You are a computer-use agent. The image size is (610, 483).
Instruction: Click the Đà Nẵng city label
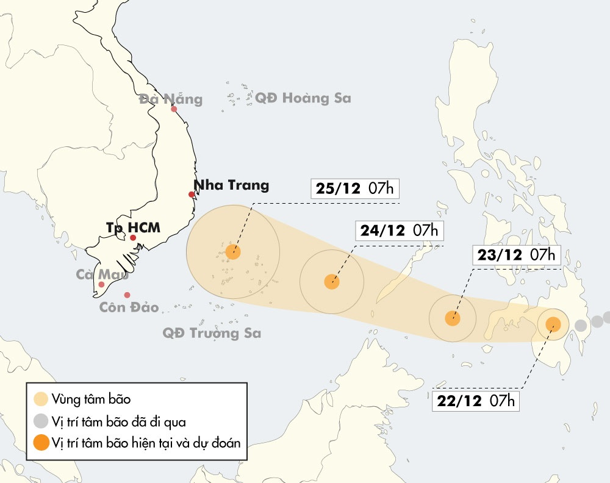click(x=170, y=99)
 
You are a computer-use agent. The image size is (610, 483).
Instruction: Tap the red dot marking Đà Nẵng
click(x=174, y=110)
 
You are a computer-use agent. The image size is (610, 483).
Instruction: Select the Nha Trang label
click(x=231, y=185)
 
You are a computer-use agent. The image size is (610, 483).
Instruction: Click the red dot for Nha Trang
click(x=192, y=195)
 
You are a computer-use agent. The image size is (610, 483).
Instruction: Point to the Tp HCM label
click(x=133, y=227)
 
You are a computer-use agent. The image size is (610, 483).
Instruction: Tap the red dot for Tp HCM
click(x=133, y=238)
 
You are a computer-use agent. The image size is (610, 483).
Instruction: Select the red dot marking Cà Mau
click(x=102, y=285)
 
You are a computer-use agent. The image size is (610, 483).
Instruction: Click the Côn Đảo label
click(x=129, y=307)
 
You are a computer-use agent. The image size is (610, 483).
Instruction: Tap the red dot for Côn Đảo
click(x=127, y=295)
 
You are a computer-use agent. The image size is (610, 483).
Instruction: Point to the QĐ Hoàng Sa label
click(x=303, y=98)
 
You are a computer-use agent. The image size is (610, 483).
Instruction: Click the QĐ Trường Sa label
click(x=212, y=333)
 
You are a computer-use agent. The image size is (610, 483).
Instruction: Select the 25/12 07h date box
click(x=355, y=188)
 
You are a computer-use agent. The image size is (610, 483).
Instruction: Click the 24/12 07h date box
click(x=399, y=231)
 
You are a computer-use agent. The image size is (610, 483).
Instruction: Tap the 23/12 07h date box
click(x=517, y=255)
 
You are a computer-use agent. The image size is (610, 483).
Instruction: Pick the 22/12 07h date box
click(x=476, y=401)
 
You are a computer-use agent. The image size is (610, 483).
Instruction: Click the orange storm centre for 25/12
click(x=232, y=251)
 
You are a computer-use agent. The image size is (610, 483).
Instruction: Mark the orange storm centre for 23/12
click(x=452, y=318)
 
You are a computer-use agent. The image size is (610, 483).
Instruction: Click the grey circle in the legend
click(x=41, y=421)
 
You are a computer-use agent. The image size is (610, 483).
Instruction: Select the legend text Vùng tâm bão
click(x=91, y=399)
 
